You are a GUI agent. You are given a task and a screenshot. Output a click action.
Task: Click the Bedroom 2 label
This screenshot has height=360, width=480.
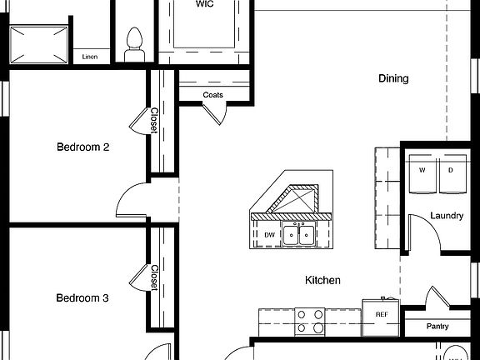click(x=83, y=147)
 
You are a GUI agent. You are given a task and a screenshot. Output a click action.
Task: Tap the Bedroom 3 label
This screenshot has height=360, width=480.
click(x=83, y=297)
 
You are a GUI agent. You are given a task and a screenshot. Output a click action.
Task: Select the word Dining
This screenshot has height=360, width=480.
click(x=393, y=79)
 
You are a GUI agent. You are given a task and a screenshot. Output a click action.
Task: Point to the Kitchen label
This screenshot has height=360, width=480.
click(x=322, y=281)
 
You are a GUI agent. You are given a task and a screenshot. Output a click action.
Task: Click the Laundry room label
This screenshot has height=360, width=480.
click(x=447, y=216)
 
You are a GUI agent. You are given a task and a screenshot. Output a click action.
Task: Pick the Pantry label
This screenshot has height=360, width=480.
click(x=437, y=327)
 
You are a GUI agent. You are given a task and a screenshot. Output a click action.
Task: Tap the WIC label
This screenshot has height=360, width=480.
click(x=204, y=4)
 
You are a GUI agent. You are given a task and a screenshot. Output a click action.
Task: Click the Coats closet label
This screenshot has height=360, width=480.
click(x=212, y=95)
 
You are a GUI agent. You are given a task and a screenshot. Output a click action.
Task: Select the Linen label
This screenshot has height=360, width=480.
click(x=90, y=57)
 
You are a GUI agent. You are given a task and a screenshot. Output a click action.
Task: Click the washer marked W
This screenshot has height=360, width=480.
click(x=422, y=170)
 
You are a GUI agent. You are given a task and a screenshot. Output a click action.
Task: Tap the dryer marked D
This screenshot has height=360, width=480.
click(x=451, y=170)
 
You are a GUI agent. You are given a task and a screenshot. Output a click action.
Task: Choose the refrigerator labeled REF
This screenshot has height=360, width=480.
click(x=382, y=315)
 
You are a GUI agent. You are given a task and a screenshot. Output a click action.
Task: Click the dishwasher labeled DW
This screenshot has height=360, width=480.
click(x=269, y=235)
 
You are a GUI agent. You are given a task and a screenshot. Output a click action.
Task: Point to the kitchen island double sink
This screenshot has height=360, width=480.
click(x=298, y=235)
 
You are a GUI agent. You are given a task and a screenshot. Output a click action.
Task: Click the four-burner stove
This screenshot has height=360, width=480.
click(x=310, y=321)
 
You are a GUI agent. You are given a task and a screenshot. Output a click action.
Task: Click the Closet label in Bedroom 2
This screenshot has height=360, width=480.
click(x=155, y=121)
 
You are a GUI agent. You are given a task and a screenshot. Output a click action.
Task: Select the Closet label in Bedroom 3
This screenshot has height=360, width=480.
click(x=155, y=278)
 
